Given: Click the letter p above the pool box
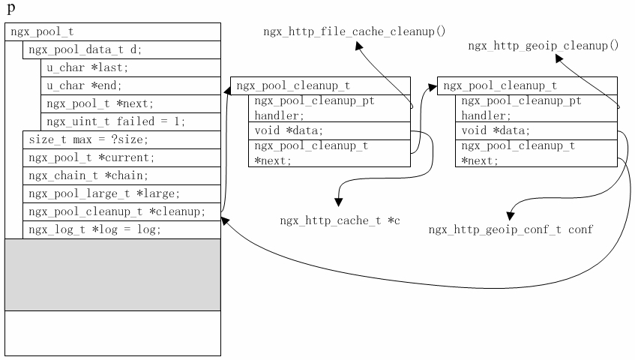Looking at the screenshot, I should point(10,8).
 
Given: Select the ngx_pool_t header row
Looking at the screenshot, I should point(112,31).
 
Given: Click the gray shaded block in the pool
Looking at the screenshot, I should point(112,274).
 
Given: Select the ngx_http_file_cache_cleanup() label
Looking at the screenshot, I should point(354,31).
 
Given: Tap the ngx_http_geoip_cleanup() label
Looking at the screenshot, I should point(543,46).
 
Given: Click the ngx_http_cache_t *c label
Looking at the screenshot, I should point(340,220).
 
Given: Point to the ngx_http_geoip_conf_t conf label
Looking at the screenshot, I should point(511,229).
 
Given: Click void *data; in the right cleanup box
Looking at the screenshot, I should point(536,130).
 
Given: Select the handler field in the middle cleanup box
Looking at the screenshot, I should point(329,108).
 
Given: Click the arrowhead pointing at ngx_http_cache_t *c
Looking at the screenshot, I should point(339,202).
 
